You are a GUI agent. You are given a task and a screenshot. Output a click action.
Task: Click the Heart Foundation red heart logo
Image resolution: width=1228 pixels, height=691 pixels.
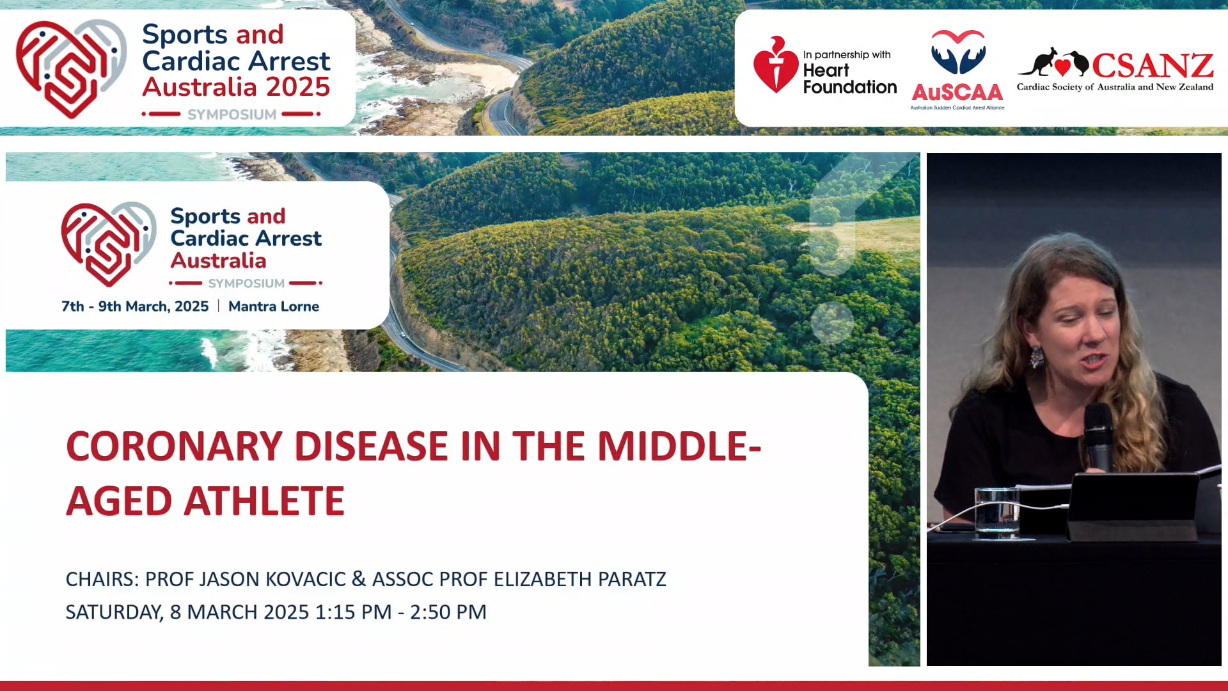coord(775,65)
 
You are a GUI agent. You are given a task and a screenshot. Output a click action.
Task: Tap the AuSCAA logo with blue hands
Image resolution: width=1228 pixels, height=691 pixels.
coord(957,54)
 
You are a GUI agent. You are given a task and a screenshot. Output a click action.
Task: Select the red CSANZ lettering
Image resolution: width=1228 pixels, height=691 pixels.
coord(1153,66)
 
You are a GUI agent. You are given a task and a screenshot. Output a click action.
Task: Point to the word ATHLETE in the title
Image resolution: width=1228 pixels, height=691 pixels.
coord(264,501)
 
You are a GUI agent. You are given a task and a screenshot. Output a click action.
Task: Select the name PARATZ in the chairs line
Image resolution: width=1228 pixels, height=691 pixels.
coord(632,579)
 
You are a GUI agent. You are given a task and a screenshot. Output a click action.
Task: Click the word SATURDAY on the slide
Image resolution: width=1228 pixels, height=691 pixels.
coord(113,612)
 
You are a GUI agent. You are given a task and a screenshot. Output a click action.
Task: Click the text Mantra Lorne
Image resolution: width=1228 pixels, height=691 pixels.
coord(273,306)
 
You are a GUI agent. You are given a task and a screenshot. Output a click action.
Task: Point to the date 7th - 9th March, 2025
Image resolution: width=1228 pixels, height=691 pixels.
coord(135,306)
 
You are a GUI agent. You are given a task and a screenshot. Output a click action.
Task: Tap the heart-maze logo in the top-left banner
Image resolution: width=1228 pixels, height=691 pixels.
coord(69,67)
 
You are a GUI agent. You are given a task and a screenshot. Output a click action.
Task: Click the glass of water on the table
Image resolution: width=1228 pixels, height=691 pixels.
coord(996,512)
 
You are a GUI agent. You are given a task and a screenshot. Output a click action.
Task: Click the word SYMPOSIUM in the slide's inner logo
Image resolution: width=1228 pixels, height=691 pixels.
coord(246,283)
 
